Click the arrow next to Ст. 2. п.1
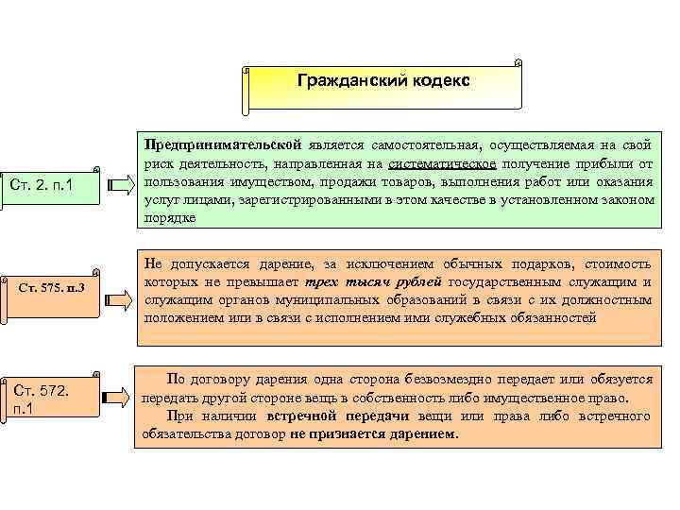click(122, 183)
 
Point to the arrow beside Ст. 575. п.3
click(121, 299)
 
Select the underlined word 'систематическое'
click(442, 164)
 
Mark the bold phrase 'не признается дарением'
click(373, 435)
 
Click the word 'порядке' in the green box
click(170, 218)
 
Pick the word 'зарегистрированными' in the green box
click(298, 200)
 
